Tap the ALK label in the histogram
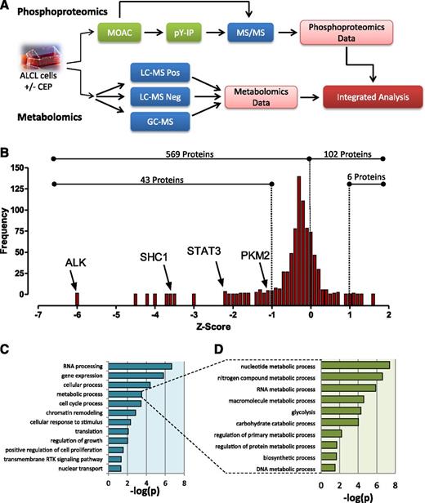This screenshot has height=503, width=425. coord(78,264)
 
